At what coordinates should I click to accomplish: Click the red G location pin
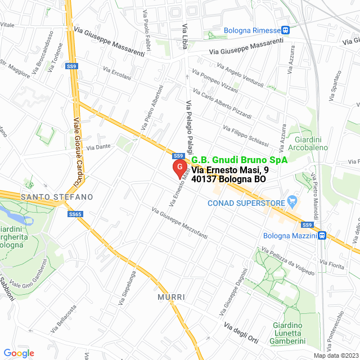click(179, 168)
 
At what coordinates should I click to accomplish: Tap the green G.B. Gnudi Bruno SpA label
click(240, 160)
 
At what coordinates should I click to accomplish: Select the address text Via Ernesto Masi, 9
click(230, 170)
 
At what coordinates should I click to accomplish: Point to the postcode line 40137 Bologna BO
click(228, 179)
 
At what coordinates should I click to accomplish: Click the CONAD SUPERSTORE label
click(246, 202)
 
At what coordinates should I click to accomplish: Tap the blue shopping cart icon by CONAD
click(292, 201)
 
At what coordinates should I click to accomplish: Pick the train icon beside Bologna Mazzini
click(321, 236)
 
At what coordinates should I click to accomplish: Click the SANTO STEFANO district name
click(56, 197)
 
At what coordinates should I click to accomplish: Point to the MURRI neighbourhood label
click(171, 296)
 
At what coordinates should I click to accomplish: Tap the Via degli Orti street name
click(241, 332)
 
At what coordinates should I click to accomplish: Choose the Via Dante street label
click(98, 147)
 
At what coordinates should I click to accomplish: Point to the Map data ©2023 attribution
click(335, 355)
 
